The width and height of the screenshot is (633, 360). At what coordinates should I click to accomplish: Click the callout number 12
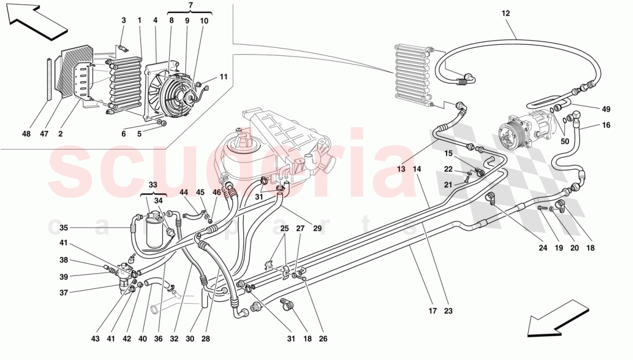pyautogui.click(x=506, y=13)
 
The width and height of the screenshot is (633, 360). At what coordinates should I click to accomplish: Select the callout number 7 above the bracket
pyautogui.click(x=190, y=5)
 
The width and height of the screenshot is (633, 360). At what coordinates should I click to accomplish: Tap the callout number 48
pyautogui.click(x=27, y=134)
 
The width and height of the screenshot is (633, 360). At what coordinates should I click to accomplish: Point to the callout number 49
pyautogui.click(x=606, y=109)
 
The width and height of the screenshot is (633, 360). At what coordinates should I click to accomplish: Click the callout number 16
pyautogui.click(x=606, y=125)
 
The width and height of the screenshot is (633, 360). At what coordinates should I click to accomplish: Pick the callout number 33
pyautogui.click(x=152, y=186)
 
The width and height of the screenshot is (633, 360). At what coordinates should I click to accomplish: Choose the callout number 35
pyautogui.click(x=63, y=227)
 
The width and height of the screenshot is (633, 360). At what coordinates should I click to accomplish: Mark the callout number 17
pyautogui.click(x=432, y=311)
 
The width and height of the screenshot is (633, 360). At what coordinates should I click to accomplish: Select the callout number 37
pyautogui.click(x=63, y=293)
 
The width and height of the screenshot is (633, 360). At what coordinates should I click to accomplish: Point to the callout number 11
pyautogui.click(x=223, y=76)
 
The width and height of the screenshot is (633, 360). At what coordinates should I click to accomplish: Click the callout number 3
pyautogui.click(x=123, y=21)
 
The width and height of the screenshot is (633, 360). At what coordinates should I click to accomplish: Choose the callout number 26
pyautogui.click(x=323, y=339)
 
